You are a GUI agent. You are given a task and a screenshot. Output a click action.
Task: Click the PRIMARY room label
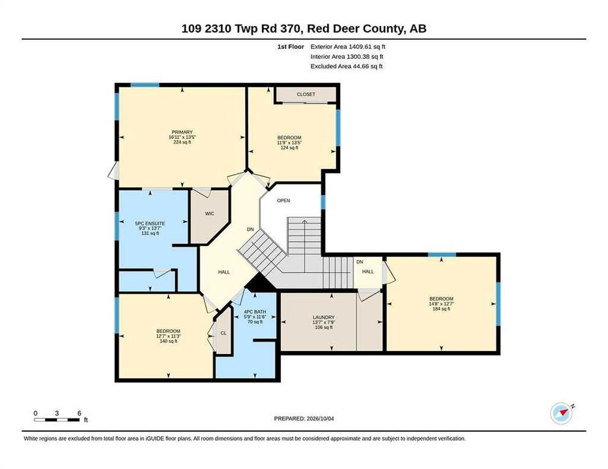182,132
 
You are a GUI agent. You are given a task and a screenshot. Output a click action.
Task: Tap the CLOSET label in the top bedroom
306,94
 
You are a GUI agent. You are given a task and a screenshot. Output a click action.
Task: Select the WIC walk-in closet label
209,213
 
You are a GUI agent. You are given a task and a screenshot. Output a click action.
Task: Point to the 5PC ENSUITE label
150,224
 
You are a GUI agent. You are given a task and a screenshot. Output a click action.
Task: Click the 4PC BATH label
254,312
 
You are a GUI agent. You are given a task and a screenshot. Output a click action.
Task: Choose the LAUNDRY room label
324,317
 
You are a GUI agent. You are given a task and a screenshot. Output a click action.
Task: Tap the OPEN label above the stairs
283,201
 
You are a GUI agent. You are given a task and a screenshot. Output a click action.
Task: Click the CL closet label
223,333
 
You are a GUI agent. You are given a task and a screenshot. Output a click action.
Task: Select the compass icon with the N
562,413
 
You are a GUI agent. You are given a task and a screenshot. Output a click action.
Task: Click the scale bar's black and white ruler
57,420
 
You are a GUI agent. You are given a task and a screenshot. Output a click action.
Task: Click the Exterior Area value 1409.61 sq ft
367,46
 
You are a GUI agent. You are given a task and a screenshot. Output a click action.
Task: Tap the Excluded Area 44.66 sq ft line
346,66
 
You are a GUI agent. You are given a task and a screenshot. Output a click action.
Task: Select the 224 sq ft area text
182,142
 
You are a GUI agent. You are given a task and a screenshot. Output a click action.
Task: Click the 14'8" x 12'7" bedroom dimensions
441,304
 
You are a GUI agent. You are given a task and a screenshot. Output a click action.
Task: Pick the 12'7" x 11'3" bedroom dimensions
168,336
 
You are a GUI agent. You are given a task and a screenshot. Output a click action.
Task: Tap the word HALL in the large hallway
224,272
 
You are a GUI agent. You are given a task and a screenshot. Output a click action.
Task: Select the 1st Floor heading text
291,46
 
